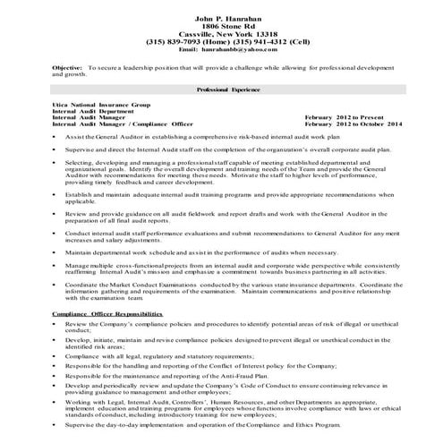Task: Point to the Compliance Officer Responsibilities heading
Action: [106, 315]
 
